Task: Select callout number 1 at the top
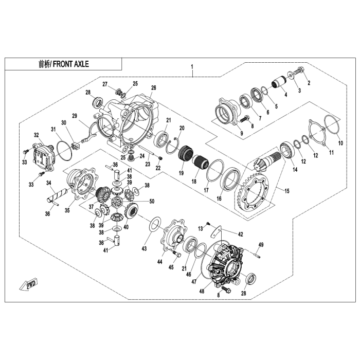click(192, 67)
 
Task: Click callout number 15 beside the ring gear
click(286, 191)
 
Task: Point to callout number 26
click(153, 88)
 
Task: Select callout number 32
click(37, 135)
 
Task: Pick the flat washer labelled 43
click(153, 225)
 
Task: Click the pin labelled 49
click(257, 253)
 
